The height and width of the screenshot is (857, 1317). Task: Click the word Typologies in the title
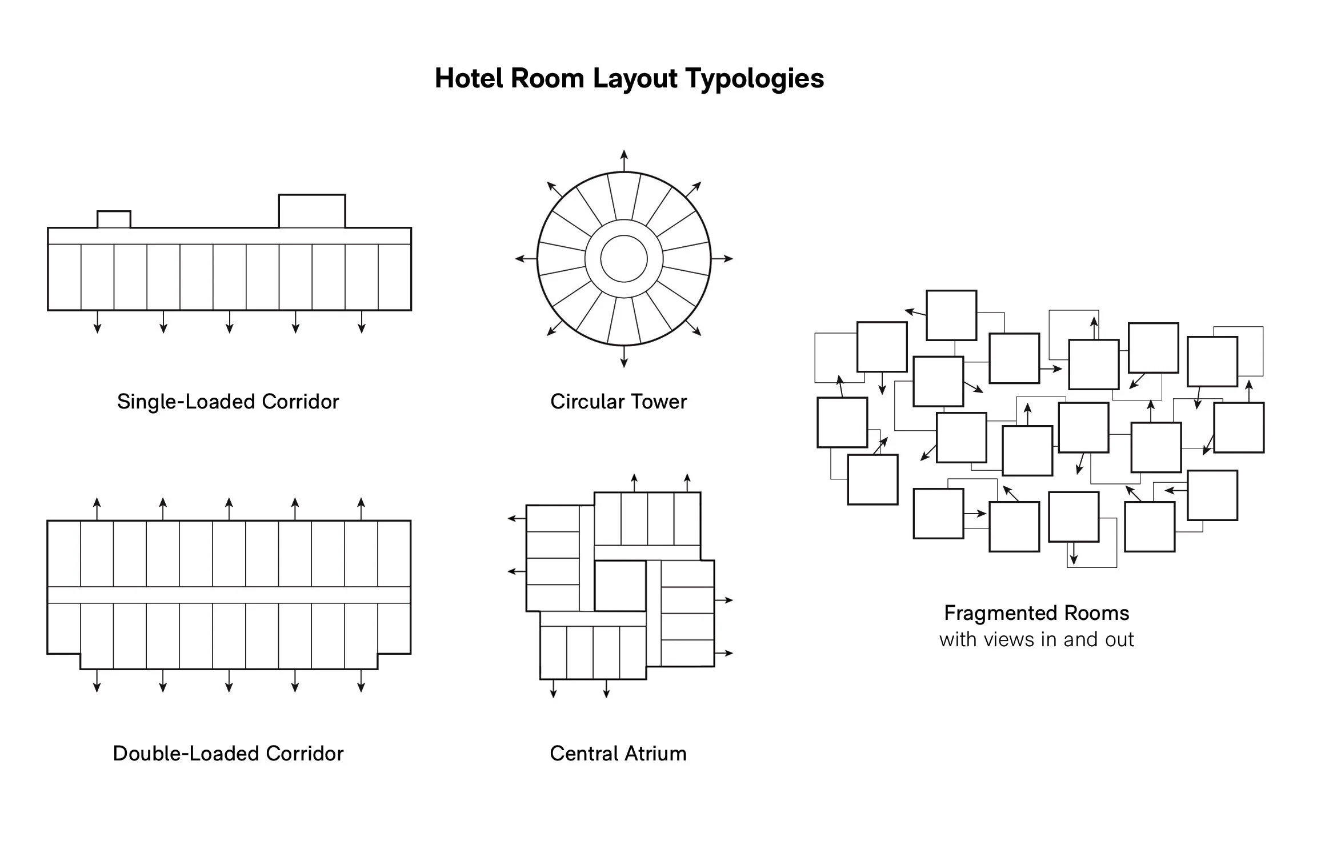click(754, 79)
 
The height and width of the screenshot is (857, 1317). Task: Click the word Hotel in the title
click(469, 78)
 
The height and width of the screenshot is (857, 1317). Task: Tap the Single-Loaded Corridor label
click(228, 402)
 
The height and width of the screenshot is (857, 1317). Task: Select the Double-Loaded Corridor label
click(228, 754)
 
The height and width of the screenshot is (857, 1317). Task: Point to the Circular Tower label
click(618, 402)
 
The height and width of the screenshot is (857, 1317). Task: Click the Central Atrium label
click(618, 754)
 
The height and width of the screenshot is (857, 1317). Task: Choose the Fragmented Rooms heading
click(1036, 613)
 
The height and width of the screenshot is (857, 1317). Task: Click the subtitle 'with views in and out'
click(1036, 639)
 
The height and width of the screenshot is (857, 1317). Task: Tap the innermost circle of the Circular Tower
click(624, 259)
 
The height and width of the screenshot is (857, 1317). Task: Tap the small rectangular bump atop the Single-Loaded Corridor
click(114, 219)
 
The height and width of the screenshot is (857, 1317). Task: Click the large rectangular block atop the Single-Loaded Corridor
click(312, 211)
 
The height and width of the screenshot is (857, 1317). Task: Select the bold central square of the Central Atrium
click(621, 586)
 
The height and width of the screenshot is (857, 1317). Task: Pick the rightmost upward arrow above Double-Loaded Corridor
click(361, 508)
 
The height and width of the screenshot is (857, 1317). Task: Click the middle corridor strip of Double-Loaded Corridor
click(229, 595)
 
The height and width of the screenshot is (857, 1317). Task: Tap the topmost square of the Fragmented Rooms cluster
click(951, 315)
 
